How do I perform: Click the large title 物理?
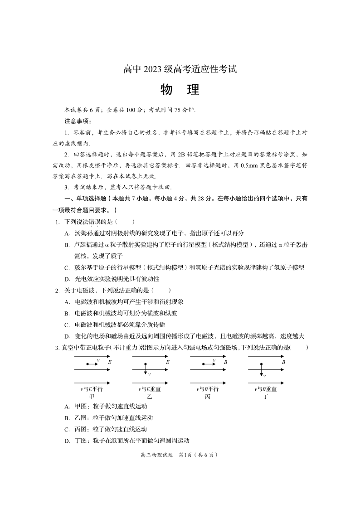pos(180,90)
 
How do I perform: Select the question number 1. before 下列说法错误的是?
pos(58,222)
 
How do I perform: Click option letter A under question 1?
pos(67,233)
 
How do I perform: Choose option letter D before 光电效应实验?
pos(67,279)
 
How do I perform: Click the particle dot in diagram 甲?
pos(88,364)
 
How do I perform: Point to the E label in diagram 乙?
pos(167,363)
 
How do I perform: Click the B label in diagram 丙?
pos(225,363)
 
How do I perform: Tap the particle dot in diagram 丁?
pos(262,364)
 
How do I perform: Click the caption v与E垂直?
pos(150,389)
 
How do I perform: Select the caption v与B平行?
pos(208,389)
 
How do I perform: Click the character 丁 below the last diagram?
pos(265,397)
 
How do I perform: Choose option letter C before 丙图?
pos(67,429)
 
